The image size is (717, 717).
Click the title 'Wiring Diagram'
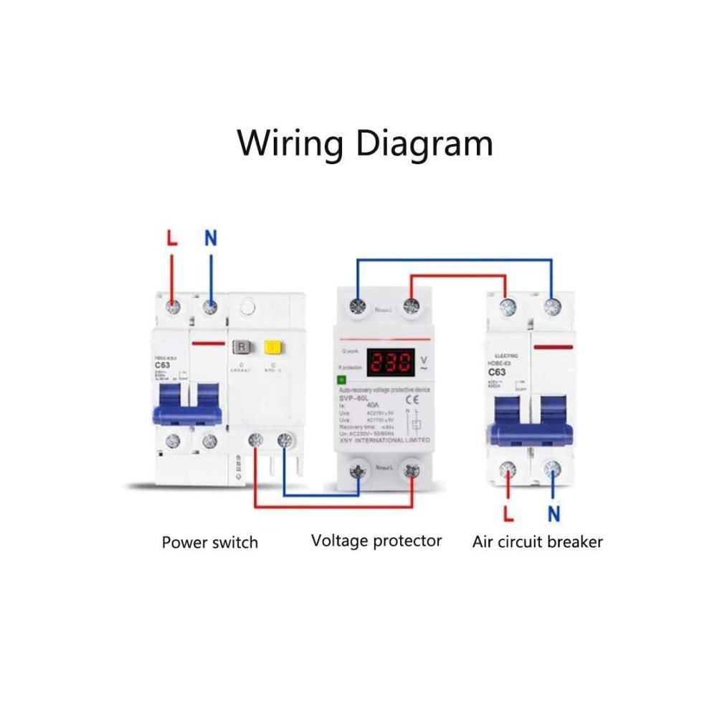tap(365, 143)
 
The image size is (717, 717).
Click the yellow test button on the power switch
tap(272, 348)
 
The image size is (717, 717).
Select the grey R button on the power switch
tap(242, 348)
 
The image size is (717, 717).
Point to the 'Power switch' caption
tap(209, 542)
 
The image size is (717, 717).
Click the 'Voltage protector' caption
tap(376, 541)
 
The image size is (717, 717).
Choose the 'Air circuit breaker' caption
tap(537, 542)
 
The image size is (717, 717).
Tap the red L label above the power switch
tap(171, 239)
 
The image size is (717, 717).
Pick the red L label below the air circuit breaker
tap(508, 513)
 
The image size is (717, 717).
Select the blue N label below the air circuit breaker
tap(554, 513)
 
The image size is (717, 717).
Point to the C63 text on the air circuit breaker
tap(498, 372)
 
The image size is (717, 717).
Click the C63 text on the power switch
tap(162, 365)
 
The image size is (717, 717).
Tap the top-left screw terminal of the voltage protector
tap(356, 308)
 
